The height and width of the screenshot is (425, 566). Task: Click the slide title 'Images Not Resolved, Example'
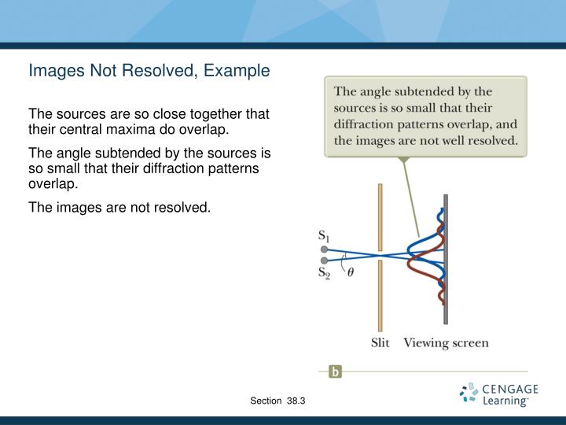pyautogui.click(x=149, y=71)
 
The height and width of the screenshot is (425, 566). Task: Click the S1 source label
pyautogui.click(x=323, y=235)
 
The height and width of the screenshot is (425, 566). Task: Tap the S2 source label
pyautogui.click(x=323, y=273)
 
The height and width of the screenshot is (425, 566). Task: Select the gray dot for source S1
pyautogui.click(x=324, y=249)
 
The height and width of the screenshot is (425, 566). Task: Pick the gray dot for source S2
pyautogui.click(x=324, y=260)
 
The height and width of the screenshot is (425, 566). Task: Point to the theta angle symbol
pyautogui.click(x=351, y=272)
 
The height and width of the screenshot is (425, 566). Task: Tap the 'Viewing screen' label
pyautogui.click(x=446, y=343)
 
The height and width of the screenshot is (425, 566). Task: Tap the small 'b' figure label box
pyautogui.click(x=335, y=372)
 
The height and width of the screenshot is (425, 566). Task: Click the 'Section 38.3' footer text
pyautogui.click(x=277, y=401)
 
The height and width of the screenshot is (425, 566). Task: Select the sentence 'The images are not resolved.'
pyautogui.click(x=120, y=208)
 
